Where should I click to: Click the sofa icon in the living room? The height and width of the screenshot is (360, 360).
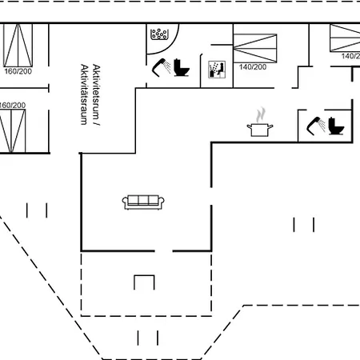(143, 202)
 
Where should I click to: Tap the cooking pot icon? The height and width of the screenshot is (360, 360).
(260, 130)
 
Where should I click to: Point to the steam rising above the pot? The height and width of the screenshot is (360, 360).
(261, 115)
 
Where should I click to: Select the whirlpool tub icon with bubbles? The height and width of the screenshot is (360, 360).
(159, 34)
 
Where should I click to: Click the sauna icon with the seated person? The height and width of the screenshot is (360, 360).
(217, 70)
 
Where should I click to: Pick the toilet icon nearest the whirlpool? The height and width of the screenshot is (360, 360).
(182, 67)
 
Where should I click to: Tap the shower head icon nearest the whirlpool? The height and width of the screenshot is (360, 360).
(162, 67)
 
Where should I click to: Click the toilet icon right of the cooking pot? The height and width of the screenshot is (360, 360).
(336, 126)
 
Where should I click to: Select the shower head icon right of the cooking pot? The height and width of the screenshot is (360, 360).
(316, 126)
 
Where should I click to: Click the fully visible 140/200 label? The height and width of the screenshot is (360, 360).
(253, 67)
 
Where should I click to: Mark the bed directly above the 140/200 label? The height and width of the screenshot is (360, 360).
(255, 48)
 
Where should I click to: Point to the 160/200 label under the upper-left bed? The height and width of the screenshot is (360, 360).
(18, 71)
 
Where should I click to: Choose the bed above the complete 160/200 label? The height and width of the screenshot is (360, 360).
(18, 45)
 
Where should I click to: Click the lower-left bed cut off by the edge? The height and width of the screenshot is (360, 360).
(13, 131)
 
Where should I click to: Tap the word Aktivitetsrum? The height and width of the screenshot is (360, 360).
(97, 92)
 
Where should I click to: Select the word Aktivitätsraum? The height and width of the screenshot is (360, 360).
(84, 94)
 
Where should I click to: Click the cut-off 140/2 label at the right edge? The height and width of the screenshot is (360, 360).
(350, 56)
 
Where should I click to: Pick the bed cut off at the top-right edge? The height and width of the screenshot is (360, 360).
(345, 38)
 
